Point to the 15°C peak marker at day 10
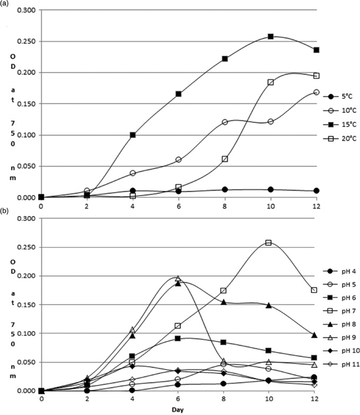click(271, 37)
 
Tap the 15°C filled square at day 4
click(133, 135)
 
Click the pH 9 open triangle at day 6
click(178, 278)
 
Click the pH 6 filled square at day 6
click(178, 338)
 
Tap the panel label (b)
click(5, 210)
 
